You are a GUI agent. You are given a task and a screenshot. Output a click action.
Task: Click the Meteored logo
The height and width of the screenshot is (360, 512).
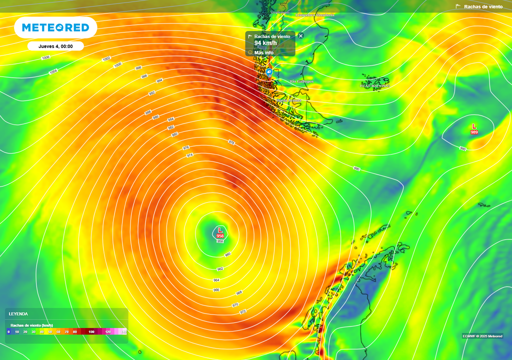(55, 27)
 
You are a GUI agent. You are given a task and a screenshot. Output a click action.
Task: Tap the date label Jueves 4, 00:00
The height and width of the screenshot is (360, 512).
(55, 46)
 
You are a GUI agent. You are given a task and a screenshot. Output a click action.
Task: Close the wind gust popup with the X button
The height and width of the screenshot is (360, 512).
(301, 35)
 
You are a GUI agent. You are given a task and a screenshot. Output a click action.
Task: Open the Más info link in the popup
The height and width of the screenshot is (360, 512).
(263, 52)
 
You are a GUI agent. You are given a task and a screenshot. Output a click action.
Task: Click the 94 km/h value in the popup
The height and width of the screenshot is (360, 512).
(265, 43)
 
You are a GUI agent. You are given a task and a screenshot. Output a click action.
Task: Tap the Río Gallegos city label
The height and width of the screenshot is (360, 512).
(301, 81)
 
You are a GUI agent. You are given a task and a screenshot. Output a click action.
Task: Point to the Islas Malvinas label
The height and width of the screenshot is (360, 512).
(374, 85)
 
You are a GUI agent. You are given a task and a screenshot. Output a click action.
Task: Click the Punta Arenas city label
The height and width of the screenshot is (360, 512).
(289, 100)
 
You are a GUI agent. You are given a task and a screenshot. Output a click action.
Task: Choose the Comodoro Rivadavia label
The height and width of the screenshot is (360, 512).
(315, 15)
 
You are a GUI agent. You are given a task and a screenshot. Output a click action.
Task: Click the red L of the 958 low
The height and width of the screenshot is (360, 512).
(220, 229)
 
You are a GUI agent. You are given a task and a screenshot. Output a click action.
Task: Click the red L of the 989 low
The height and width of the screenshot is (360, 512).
(474, 126)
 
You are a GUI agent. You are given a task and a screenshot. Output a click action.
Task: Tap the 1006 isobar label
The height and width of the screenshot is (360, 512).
(46, 57)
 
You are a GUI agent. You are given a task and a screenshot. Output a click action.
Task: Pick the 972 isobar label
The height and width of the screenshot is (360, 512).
(243, 311)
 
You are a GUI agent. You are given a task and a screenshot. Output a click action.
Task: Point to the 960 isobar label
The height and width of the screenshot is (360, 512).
(227, 254)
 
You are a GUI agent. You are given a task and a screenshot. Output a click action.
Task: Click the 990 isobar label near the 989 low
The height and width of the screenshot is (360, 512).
(463, 148)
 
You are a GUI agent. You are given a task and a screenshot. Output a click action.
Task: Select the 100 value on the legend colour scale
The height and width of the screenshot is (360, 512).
(91, 331)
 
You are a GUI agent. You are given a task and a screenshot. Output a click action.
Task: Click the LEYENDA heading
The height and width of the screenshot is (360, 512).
(18, 314)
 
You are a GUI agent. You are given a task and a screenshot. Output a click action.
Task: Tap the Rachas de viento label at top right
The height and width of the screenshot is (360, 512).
(483, 6)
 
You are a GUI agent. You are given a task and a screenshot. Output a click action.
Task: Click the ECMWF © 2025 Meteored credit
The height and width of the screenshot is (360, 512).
(482, 335)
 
